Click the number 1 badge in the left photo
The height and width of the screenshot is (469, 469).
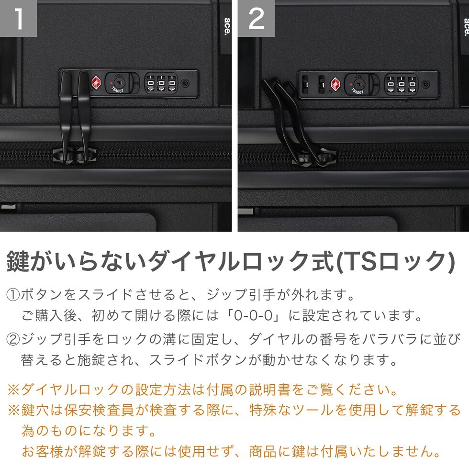click(18, 18)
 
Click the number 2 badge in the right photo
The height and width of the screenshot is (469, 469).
click(257, 18)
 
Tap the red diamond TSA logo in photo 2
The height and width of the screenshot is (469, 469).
click(335, 84)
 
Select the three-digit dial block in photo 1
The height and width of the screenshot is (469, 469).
click(161, 83)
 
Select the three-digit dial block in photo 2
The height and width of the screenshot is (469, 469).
click(401, 84)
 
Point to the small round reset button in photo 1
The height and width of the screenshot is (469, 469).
click(185, 83)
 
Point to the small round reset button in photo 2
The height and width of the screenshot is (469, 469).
click(425, 84)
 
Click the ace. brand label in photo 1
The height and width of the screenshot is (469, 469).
click(227, 26)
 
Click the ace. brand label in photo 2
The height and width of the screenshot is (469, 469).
click(466, 26)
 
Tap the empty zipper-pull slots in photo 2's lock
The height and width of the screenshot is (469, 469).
click(313, 84)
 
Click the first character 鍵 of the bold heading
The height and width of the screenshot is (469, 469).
click(18, 261)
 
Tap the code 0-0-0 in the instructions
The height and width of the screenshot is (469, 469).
click(253, 315)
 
